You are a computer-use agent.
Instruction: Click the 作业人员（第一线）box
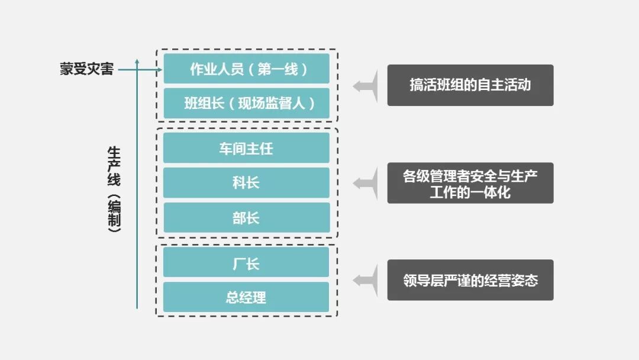(246, 69)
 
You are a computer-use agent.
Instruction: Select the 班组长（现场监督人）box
(246, 104)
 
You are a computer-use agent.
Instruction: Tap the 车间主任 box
(246, 148)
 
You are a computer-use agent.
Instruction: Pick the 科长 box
(246, 183)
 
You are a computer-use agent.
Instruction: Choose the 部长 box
(246, 218)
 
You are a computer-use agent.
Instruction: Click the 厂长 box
(246, 262)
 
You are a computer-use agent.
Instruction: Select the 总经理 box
(246, 297)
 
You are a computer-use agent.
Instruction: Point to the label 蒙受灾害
(86, 69)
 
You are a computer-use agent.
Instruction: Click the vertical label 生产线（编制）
(114, 189)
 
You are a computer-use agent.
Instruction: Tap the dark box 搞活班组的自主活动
(470, 85)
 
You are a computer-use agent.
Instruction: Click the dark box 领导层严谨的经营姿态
(470, 280)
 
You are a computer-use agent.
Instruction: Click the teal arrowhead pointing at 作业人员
(159, 69)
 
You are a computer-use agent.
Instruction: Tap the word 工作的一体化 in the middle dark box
(470, 192)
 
